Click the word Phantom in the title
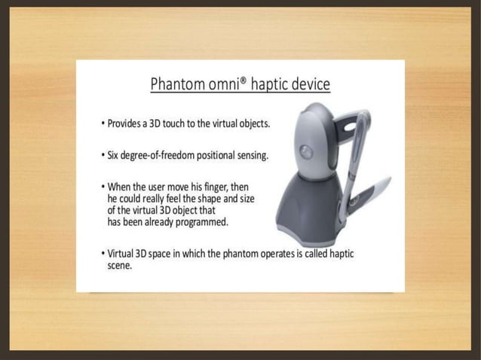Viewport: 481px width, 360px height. (x=178, y=83)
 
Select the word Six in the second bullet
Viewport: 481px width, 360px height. (x=112, y=156)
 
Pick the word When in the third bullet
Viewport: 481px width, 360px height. (x=120, y=186)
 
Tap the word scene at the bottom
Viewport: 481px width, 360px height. (x=120, y=266)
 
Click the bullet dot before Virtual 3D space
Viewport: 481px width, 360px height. (x=102, y=254)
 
